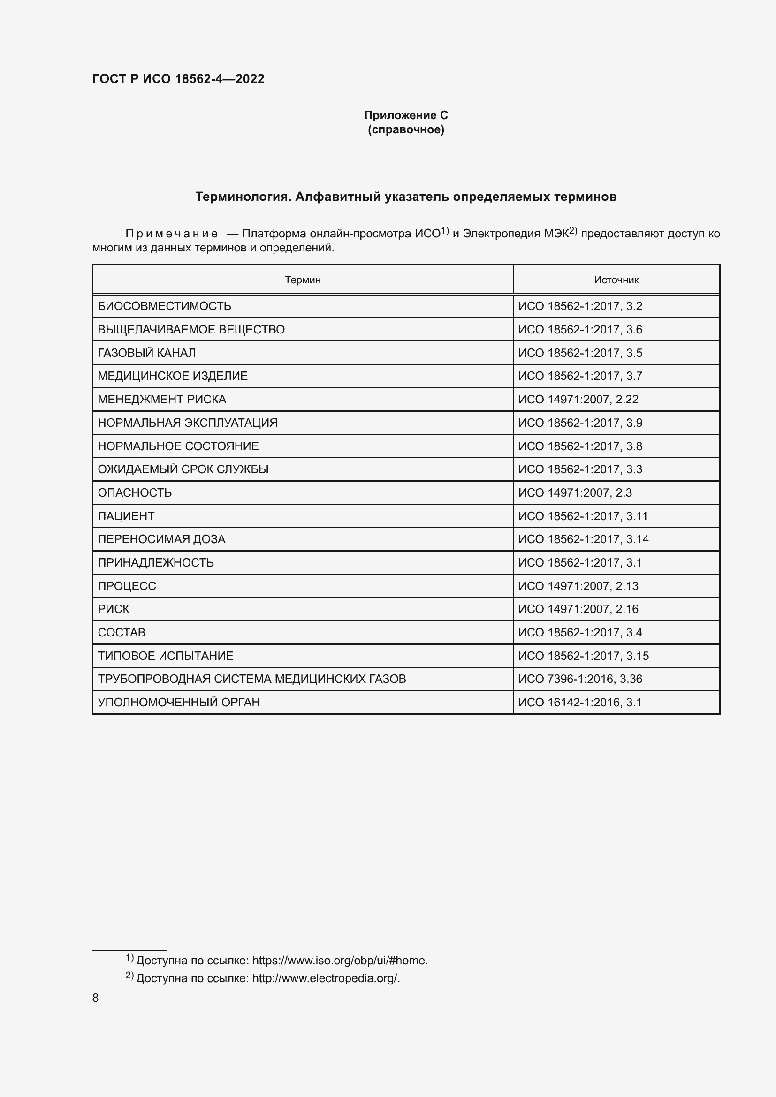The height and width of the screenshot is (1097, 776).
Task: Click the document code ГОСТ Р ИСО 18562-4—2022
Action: [178, 79]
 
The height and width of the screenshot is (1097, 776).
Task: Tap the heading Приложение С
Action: [406, 115]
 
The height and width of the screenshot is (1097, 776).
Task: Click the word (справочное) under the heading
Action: [406, 129]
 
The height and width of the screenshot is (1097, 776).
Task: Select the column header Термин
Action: [303, 280]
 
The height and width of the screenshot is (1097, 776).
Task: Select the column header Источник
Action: [616, 280]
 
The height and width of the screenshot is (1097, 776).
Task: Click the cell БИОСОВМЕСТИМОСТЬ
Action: [164, 306]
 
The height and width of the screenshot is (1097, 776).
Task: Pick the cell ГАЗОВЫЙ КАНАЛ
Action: [147, 353]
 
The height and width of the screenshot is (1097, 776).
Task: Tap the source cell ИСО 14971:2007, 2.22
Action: [578, 400]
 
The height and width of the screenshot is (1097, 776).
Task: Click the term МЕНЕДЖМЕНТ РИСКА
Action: [162, 400]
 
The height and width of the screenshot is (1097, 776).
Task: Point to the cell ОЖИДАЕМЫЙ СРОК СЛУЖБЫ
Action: [183, 469]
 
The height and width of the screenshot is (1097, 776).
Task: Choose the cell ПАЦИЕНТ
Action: [126, 516]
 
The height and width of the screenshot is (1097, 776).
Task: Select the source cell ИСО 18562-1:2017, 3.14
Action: [584, 539]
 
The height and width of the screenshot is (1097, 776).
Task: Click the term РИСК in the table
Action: [114, 609]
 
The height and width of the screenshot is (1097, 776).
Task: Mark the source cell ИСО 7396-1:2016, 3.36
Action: [580, 679]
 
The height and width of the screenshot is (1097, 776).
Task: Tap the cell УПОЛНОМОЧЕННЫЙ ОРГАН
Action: [179, 703]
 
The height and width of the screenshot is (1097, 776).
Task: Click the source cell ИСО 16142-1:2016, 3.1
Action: [580, 703]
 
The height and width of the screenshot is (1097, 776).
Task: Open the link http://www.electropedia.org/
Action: [326, 978]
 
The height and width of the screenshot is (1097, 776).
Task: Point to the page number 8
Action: [96, 998]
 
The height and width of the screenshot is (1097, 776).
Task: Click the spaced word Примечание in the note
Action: [172, 234]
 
